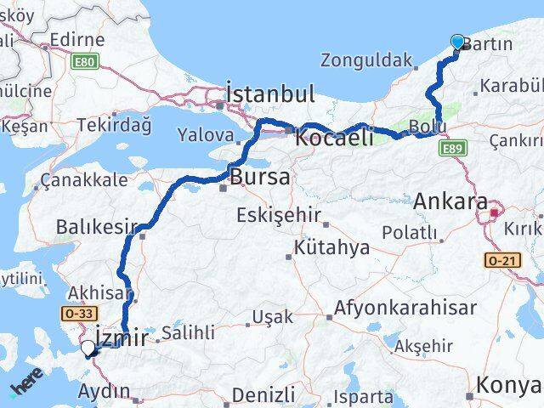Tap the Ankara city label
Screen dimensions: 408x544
tap(450, 202)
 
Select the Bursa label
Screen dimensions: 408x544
tap(261, 178)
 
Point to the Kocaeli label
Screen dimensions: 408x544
tap(334, 136)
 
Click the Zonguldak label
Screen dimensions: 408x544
tap(366, 60)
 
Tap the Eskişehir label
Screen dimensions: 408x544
tap(280, 214)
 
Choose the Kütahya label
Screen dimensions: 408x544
tap(331, 248)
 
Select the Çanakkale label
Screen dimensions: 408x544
tap(85, 179)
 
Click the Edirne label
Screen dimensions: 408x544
tap(76, 39)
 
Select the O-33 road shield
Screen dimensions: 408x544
tap(78, 314)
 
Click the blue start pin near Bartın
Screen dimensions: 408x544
tap(458, 42)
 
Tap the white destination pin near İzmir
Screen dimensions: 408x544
tap(88, 348)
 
